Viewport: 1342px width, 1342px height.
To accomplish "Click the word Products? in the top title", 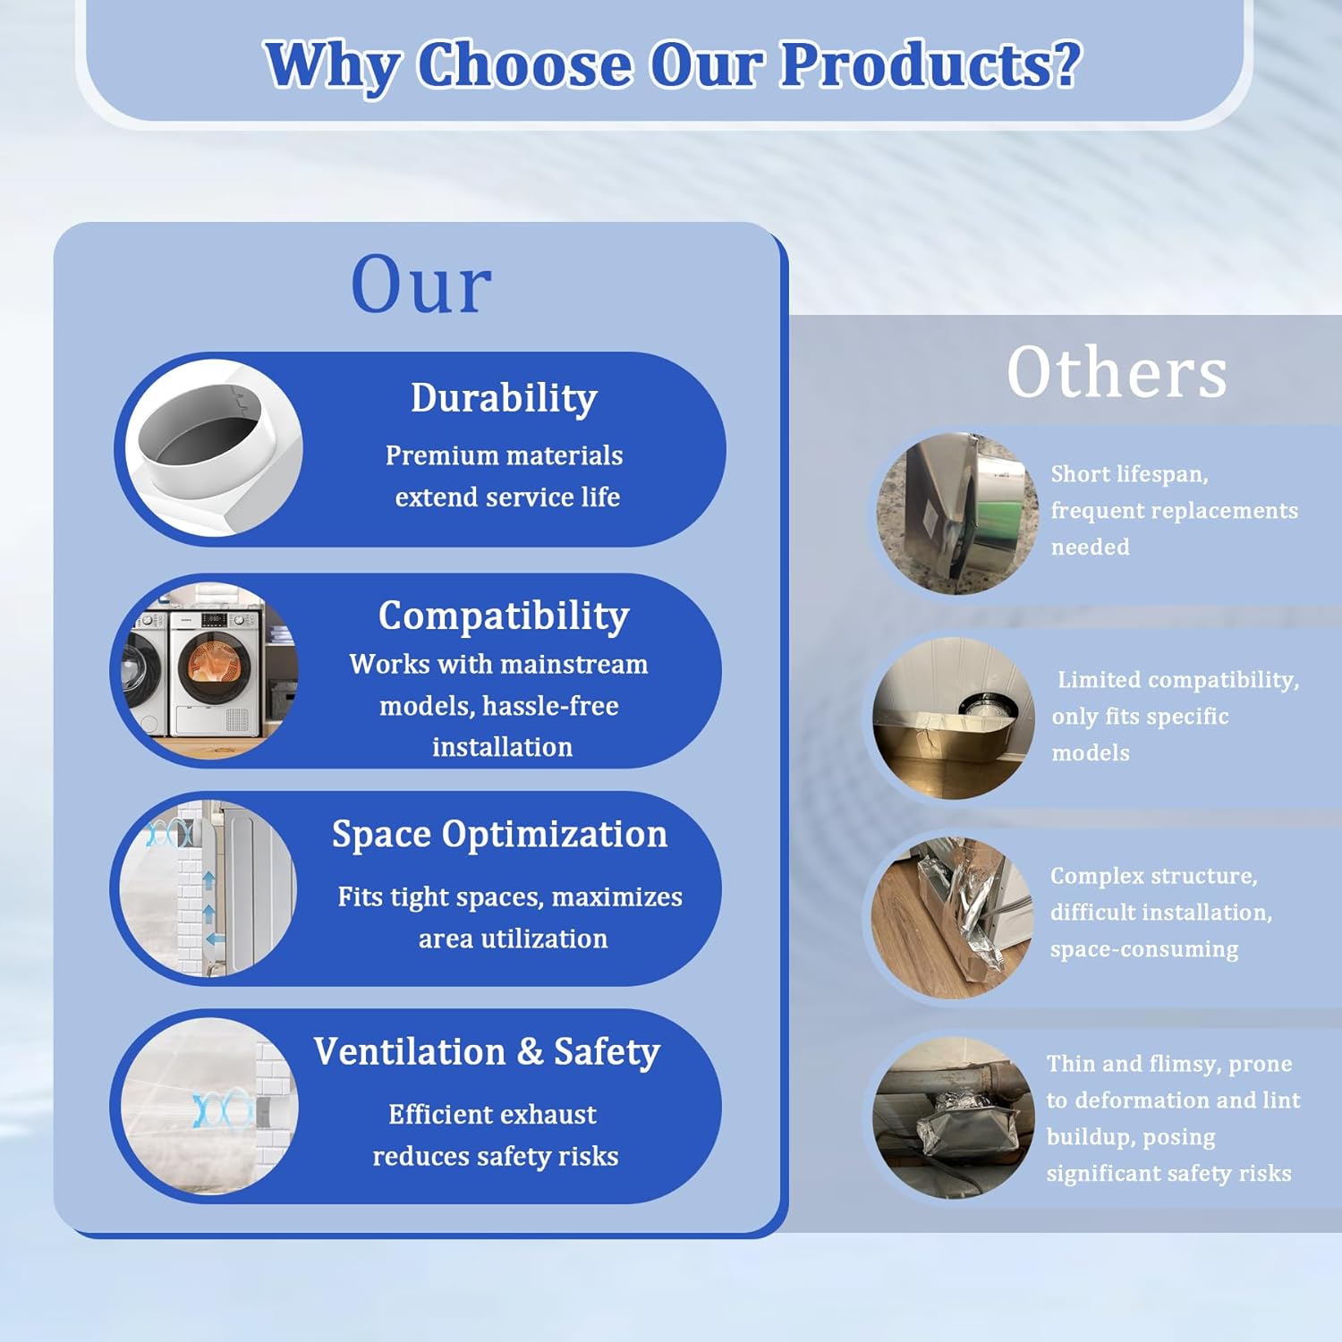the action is (930, 66).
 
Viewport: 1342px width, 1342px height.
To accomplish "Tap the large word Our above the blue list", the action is (421, 284).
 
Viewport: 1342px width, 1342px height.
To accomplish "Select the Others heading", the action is (1117, 372).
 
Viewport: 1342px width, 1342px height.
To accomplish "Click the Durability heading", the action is (504, 398).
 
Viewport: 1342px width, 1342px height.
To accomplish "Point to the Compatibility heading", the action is (504, 616).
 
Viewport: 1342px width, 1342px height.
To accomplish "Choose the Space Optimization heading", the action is (499, 835).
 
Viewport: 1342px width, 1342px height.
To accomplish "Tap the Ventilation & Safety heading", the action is (487, 1052).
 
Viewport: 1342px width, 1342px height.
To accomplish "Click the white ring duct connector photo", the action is (213, 448).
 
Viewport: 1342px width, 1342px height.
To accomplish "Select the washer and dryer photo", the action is (208, 670).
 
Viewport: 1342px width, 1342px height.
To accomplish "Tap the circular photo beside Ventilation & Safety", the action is (208, 1106).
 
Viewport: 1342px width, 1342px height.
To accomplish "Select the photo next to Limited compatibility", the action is (954, 718).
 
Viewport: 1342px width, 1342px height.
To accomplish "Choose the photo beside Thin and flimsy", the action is (954, 1117).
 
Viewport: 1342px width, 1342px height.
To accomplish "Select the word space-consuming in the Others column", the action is (1144, 950).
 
